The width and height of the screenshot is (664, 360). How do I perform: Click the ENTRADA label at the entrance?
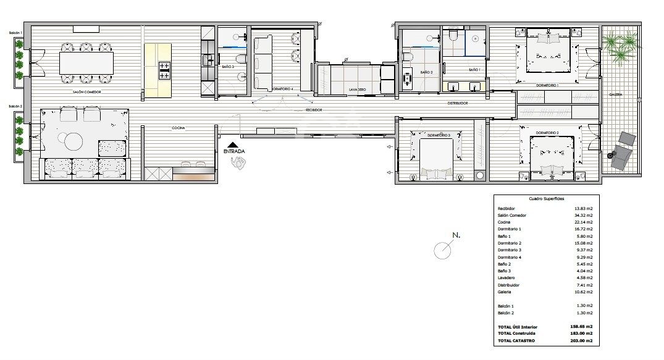point(234,151)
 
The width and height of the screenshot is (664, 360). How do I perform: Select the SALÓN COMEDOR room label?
point(86,91)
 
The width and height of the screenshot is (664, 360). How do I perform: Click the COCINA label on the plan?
point(180,128)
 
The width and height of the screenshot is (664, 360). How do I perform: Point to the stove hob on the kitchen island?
point(165,70)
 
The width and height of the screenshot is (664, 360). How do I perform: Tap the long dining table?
point(86,62)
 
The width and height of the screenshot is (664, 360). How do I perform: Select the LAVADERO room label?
point(358,90)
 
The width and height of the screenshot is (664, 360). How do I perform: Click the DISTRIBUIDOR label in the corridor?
point(458,103)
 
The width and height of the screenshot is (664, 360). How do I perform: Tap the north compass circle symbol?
point(442,250)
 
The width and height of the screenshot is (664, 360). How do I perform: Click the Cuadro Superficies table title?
point(545,199)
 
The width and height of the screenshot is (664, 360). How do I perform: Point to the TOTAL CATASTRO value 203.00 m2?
point(581,340)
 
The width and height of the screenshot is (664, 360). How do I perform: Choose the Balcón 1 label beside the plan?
point(15,33)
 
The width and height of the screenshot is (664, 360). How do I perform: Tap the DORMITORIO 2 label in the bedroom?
point(547,133)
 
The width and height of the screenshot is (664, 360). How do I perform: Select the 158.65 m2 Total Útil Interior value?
point(581,327)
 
